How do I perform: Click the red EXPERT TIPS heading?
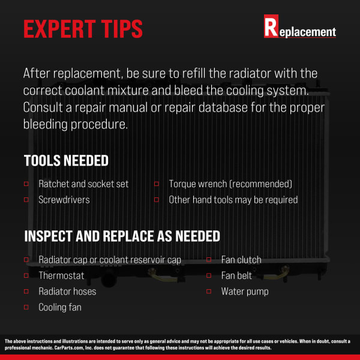tap(83, 29)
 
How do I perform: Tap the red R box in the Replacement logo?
tap(271, 26)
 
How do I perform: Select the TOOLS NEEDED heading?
tap(66, 160)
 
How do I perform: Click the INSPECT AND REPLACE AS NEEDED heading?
tap(122, 236)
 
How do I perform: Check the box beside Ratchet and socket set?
tap(26, 184)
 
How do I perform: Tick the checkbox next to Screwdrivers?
tap(26, 200)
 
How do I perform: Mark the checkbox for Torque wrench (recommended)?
tap(157, 184)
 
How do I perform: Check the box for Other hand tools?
tap(157, 200)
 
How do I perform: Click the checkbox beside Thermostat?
tap(26, 275)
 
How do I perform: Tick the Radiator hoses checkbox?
tap(26, 292)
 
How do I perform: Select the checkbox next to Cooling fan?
tap(26, 307)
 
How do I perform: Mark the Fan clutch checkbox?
tap(209, 260)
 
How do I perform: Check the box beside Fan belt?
tap(209, 275)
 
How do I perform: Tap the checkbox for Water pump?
tap(209, 292)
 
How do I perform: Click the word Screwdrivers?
tap(64, 200)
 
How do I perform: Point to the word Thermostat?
tap(61, 275)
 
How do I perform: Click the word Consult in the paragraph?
tap(43, 107)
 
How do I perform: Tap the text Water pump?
tap(245, 292)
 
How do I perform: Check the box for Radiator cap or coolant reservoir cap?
tap(26, 260)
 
